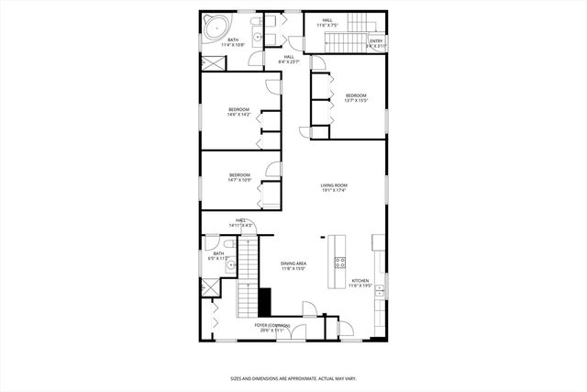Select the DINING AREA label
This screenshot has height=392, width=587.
coord(293,265)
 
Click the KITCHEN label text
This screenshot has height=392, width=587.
coord(360,283)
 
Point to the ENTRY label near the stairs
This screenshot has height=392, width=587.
coord(376,42)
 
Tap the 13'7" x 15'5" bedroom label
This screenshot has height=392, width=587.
coord(356,98)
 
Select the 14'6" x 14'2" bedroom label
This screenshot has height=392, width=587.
coord(239,113)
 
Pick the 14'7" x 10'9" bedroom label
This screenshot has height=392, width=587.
coord(239,176)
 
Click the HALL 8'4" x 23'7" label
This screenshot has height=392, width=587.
coord(289,60)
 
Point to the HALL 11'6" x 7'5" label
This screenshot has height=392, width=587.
coord(327,22)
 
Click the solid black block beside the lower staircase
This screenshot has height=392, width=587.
coord(265,301)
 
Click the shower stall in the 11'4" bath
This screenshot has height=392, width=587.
coord(213,62)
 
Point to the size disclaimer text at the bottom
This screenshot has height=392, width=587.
coord(293,377)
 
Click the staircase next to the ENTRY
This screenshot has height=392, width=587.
coord(349,41)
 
